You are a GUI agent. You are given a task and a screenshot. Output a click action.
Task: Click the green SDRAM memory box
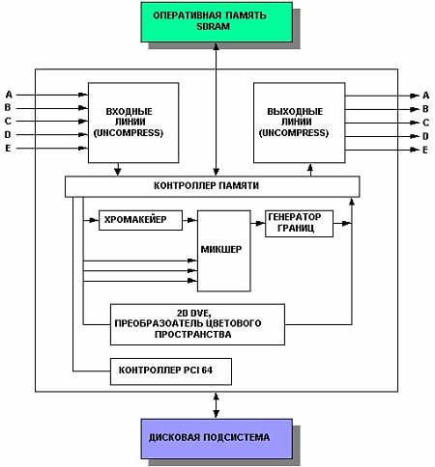(217, 22)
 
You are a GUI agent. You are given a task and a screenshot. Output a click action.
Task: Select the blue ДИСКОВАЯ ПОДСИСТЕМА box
(217, 439)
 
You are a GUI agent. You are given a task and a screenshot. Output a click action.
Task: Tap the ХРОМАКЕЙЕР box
(140, 220)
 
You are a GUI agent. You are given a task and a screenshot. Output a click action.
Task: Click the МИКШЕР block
(224, 251)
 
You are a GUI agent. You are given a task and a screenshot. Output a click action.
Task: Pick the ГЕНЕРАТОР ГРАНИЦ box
(299, 224)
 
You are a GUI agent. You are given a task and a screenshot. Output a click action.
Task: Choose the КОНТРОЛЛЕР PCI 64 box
(171, 371)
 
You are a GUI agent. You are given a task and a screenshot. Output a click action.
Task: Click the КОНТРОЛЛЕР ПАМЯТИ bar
(212, 186)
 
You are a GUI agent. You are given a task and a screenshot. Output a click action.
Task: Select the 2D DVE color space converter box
(197, 324)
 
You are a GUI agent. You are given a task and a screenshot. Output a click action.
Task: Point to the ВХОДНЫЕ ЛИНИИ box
(133, 123)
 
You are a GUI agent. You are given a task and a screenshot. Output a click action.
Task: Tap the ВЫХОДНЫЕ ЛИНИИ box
(300, 123)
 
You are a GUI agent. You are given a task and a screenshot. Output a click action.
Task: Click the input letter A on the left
(9, 95)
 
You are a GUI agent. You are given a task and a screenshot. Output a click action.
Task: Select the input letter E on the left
(8, 149)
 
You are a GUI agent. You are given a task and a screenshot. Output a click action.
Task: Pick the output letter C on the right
(425, 123)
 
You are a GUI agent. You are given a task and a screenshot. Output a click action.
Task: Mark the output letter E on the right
(425, 150)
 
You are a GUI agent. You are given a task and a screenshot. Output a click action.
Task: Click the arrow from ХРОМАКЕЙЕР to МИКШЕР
(189, 220)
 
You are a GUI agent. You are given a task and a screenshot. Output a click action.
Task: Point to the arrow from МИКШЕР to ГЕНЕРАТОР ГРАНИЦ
(258, 223)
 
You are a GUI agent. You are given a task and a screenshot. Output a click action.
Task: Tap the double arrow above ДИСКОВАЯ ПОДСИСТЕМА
(217, 405)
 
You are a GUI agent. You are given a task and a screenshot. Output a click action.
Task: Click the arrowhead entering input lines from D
(83, 135)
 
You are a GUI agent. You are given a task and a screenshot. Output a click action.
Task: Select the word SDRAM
(213, 26)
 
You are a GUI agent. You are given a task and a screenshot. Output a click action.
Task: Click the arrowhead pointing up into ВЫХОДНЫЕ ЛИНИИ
(310, 167)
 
